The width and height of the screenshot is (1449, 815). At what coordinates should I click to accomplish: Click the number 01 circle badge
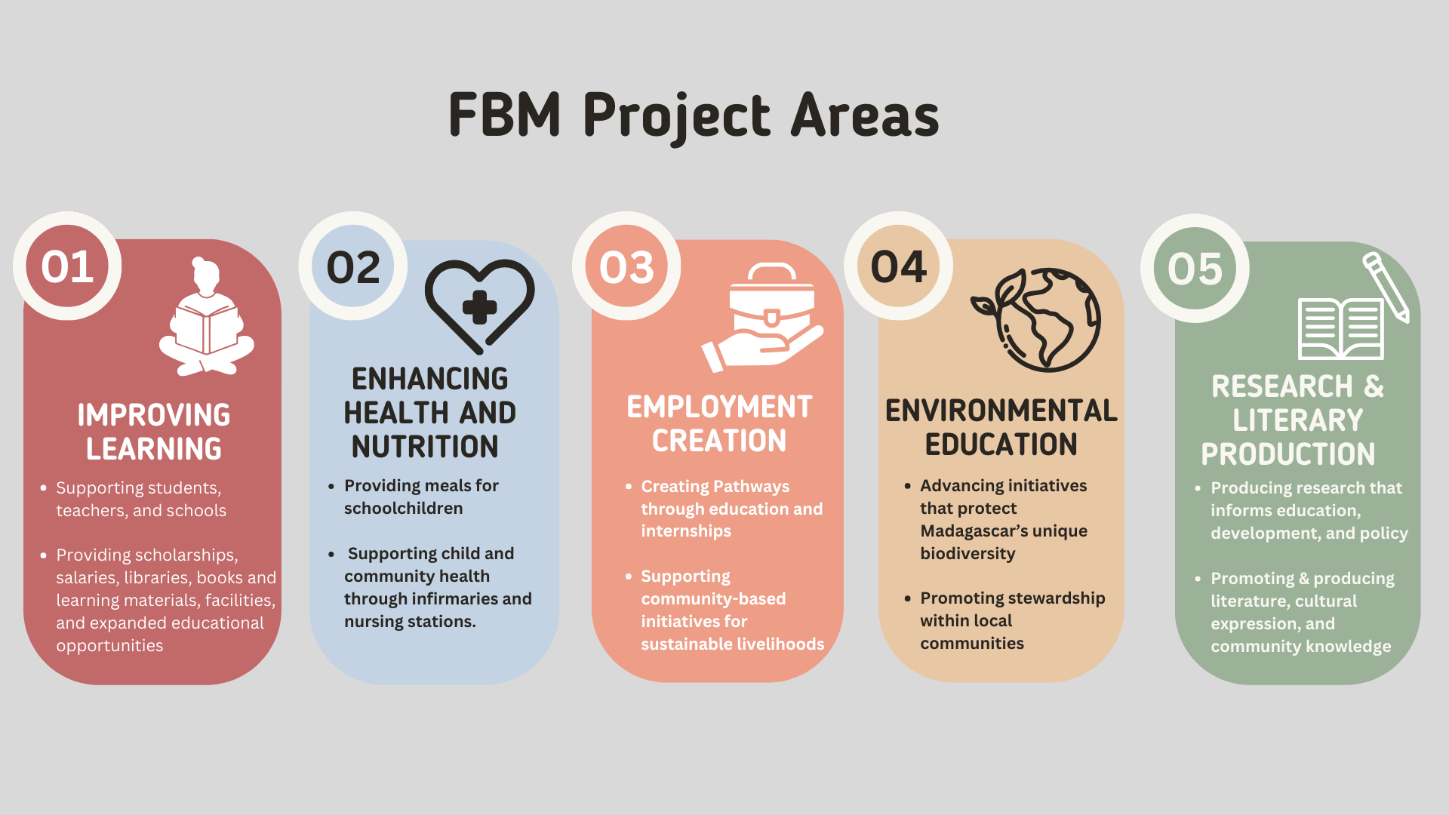(67, 266)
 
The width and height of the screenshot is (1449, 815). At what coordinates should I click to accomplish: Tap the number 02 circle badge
(353, 267)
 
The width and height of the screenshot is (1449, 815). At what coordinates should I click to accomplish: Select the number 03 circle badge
(626, 267)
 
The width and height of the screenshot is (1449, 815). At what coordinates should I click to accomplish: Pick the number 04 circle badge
(898, 266)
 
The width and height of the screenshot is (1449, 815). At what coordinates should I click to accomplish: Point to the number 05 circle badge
(1195, 269)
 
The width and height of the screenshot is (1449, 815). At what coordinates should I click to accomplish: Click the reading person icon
(206, 317)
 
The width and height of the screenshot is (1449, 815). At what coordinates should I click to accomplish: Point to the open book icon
(1340, 329)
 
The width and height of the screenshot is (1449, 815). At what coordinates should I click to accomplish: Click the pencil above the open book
(1386, 287)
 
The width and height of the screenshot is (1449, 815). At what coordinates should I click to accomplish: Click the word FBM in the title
(504, 115)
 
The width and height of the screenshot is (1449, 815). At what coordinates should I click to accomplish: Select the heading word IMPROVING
(154, 415)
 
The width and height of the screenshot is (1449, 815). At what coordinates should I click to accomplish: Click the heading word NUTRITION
(425, 447)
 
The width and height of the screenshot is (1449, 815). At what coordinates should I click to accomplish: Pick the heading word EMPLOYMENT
(719, 407)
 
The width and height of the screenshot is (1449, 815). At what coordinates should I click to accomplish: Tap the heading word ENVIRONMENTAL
(1001, 411)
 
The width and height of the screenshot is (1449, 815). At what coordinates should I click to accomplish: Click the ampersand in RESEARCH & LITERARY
(1374, 386)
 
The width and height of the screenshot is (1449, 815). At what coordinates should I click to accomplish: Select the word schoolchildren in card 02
(404, 509)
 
